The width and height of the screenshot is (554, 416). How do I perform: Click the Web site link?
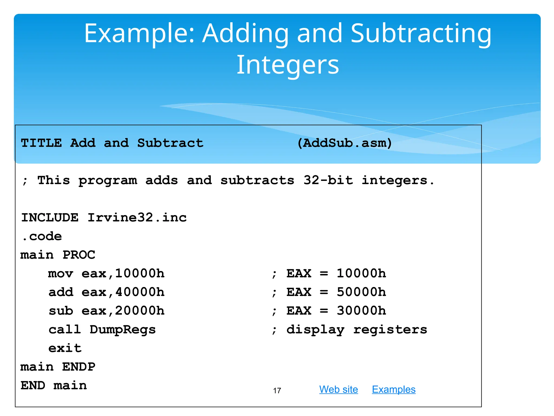tap(338, 389)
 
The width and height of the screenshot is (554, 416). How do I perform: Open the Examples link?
tap(394, 389)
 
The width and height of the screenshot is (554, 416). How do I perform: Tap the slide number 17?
tap(277, 391)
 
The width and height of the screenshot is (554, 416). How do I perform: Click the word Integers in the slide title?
tap(288, 65)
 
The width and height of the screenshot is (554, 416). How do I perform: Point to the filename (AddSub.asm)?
tap(344, 143)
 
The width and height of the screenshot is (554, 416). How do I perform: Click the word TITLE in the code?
tap(41, 143)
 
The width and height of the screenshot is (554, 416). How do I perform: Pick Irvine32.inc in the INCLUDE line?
tap(137, 218)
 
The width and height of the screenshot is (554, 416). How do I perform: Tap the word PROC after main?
tap(79, 255)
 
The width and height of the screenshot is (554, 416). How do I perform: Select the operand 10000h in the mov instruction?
tap(140, 274)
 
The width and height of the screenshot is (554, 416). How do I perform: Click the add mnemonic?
tap(61, 292)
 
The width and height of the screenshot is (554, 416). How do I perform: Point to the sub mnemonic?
tap(61, 311)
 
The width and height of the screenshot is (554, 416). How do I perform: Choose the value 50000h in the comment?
tap(361, 292)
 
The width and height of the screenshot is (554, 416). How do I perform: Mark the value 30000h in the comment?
tap(361, 311)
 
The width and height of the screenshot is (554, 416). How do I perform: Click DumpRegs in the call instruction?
tap(123, 330)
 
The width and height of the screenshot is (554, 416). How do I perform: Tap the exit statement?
tap(65, 348)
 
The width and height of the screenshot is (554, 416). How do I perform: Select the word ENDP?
tap(78, 367)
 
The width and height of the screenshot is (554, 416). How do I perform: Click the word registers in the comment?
tap(390, 330)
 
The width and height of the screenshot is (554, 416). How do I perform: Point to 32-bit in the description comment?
tap(328, 180)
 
